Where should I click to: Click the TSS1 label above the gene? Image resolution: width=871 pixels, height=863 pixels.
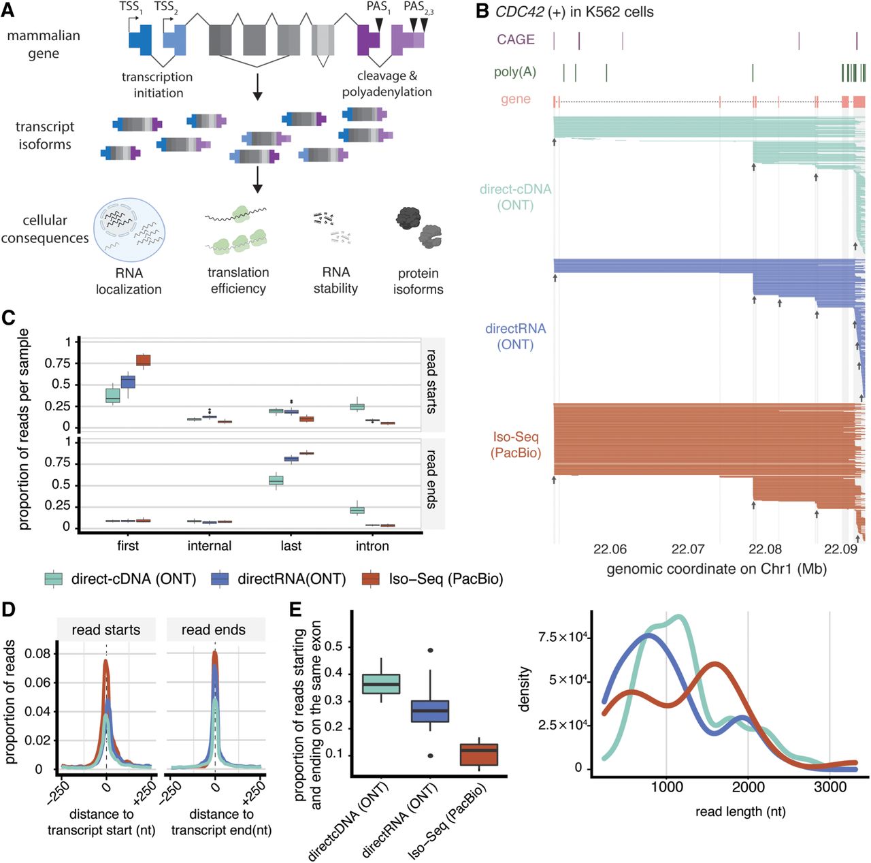tap(130, 7)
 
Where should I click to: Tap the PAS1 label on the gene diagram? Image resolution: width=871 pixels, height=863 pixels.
tap(378, 7)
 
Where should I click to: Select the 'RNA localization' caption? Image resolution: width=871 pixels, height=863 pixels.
tap(129, 281)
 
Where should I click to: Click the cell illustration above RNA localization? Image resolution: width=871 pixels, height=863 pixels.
tap(129, 230)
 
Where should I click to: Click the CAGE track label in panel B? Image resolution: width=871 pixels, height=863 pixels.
tap(515, 39)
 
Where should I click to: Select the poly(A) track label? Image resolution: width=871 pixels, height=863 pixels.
tap(514, 71)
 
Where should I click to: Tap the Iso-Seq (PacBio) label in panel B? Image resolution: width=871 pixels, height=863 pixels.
tap(515, 444)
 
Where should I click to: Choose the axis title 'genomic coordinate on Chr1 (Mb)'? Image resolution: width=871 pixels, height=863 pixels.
tap(716, 569)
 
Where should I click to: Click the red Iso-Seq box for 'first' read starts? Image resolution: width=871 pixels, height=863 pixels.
tap(143, 360)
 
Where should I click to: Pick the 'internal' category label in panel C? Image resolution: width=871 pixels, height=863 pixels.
tap(209, 546)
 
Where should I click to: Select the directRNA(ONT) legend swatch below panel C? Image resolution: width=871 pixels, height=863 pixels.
tap(220, 579)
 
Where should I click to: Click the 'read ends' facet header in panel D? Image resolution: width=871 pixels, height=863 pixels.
tap(213, 630)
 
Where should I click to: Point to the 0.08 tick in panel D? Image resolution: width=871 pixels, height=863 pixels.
tap(37, 654)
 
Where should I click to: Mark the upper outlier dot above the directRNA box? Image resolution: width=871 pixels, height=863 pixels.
tap(429, 651)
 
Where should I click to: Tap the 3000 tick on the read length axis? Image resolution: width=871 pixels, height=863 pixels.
tap(829, 787)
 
